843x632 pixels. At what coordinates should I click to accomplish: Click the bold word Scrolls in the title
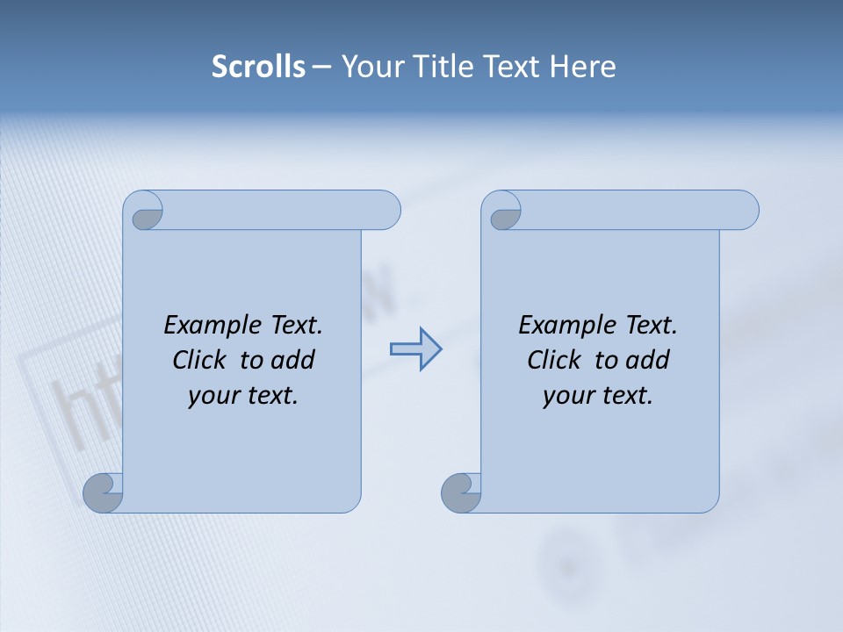point(258,66)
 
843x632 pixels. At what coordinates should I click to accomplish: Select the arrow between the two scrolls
point(415,349)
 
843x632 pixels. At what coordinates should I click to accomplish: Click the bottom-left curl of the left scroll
point(104,493)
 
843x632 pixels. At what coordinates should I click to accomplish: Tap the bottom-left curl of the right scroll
point(461,493)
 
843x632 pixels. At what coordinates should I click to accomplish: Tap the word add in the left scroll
point(292,360)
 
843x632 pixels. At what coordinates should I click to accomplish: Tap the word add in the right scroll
point(647,360)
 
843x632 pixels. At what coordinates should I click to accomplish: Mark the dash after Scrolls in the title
point(322,66)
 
